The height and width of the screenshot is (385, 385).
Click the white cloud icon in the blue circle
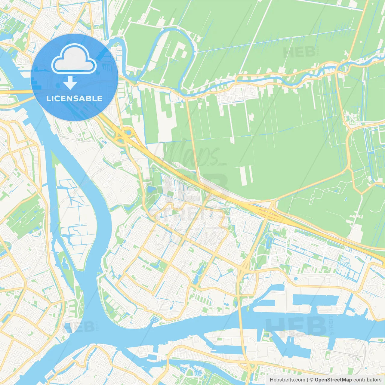74,59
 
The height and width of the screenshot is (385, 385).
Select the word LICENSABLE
74,98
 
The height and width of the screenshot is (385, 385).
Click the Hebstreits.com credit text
287,380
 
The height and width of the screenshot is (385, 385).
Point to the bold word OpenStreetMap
333,380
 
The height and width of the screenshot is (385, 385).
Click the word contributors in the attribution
367,380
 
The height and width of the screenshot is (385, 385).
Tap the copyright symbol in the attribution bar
311,380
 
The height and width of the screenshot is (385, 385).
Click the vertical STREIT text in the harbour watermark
331,325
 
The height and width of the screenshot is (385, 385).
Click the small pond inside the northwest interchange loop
129,132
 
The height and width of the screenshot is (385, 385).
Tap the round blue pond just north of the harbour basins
296,279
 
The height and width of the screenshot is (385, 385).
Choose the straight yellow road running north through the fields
192,135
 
